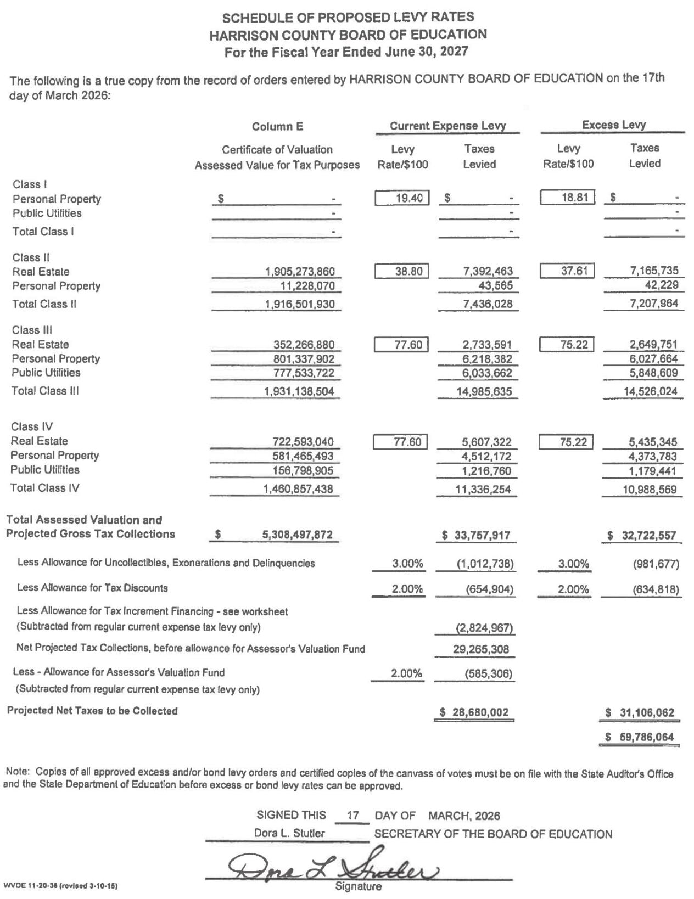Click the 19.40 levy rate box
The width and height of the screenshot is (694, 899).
coord(402,198)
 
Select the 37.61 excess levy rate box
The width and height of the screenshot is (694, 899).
coord(567,271)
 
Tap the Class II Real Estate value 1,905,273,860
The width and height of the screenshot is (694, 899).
coord(300,272)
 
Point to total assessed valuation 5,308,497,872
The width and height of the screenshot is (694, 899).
coord(297,535)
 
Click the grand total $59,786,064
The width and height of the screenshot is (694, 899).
coord(640,737)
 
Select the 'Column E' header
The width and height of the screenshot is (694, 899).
coord(277,127)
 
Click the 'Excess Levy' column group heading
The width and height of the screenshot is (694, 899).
coord(613,125)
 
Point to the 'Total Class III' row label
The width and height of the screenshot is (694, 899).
coord(45,391)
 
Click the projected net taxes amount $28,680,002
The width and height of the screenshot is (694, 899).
coord(475,712)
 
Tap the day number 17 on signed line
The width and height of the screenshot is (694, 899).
coord(353,816)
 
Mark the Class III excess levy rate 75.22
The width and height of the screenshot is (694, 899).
coord(566,345)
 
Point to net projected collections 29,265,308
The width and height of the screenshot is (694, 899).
coord(481,649)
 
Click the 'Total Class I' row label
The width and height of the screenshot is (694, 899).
coord(43,232)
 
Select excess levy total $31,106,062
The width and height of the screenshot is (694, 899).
coord(640,712)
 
